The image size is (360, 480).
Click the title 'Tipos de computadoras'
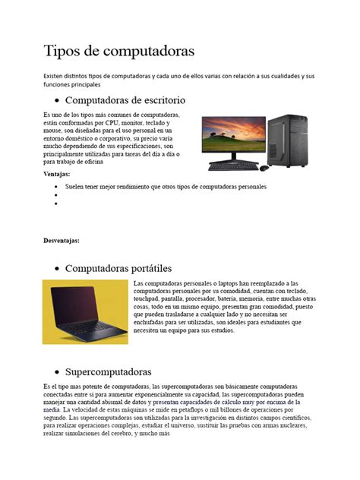coord(118,52)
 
